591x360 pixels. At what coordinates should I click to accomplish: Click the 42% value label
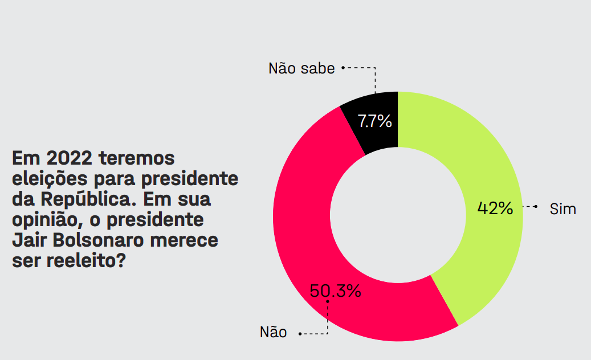495,208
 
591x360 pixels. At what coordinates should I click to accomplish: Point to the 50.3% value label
335,291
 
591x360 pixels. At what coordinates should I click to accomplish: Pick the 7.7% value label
374,121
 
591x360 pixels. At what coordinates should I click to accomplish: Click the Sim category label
563,209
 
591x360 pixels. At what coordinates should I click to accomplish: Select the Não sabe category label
301,68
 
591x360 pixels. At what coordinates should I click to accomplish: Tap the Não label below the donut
274,332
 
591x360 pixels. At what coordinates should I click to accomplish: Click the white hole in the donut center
397,216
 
